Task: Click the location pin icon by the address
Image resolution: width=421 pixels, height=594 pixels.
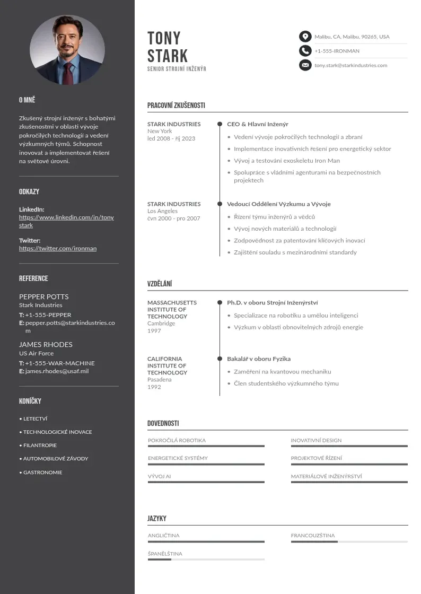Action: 305,37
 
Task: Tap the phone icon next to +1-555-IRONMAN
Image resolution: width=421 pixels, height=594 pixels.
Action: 305,51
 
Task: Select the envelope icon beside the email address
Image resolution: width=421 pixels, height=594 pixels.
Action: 305,65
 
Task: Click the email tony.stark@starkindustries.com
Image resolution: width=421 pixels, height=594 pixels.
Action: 350,65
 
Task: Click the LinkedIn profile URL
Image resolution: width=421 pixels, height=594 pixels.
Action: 66,221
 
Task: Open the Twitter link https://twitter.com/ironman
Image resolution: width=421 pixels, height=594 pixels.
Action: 58,248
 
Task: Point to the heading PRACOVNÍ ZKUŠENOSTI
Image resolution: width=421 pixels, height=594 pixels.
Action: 176,106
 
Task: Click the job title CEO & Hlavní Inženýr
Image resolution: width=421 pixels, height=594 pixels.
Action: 258,124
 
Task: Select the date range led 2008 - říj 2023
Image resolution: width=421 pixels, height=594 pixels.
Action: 171,138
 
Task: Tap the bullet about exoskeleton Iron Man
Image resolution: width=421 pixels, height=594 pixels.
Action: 287,161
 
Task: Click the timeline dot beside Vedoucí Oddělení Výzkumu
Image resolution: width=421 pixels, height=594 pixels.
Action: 220,204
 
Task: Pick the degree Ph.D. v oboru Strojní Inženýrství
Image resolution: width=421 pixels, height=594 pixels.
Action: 273,303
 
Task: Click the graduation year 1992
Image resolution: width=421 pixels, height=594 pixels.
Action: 154,387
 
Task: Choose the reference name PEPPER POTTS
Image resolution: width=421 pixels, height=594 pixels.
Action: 44,296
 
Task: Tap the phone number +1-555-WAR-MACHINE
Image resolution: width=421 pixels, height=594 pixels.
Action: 60,363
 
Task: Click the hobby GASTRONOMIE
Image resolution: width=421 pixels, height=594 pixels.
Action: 42,473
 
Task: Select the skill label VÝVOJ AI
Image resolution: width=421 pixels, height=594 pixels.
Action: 160,476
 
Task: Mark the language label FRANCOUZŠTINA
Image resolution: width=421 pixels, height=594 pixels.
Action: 313,536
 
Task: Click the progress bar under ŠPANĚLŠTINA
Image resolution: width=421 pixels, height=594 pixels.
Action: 206,560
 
